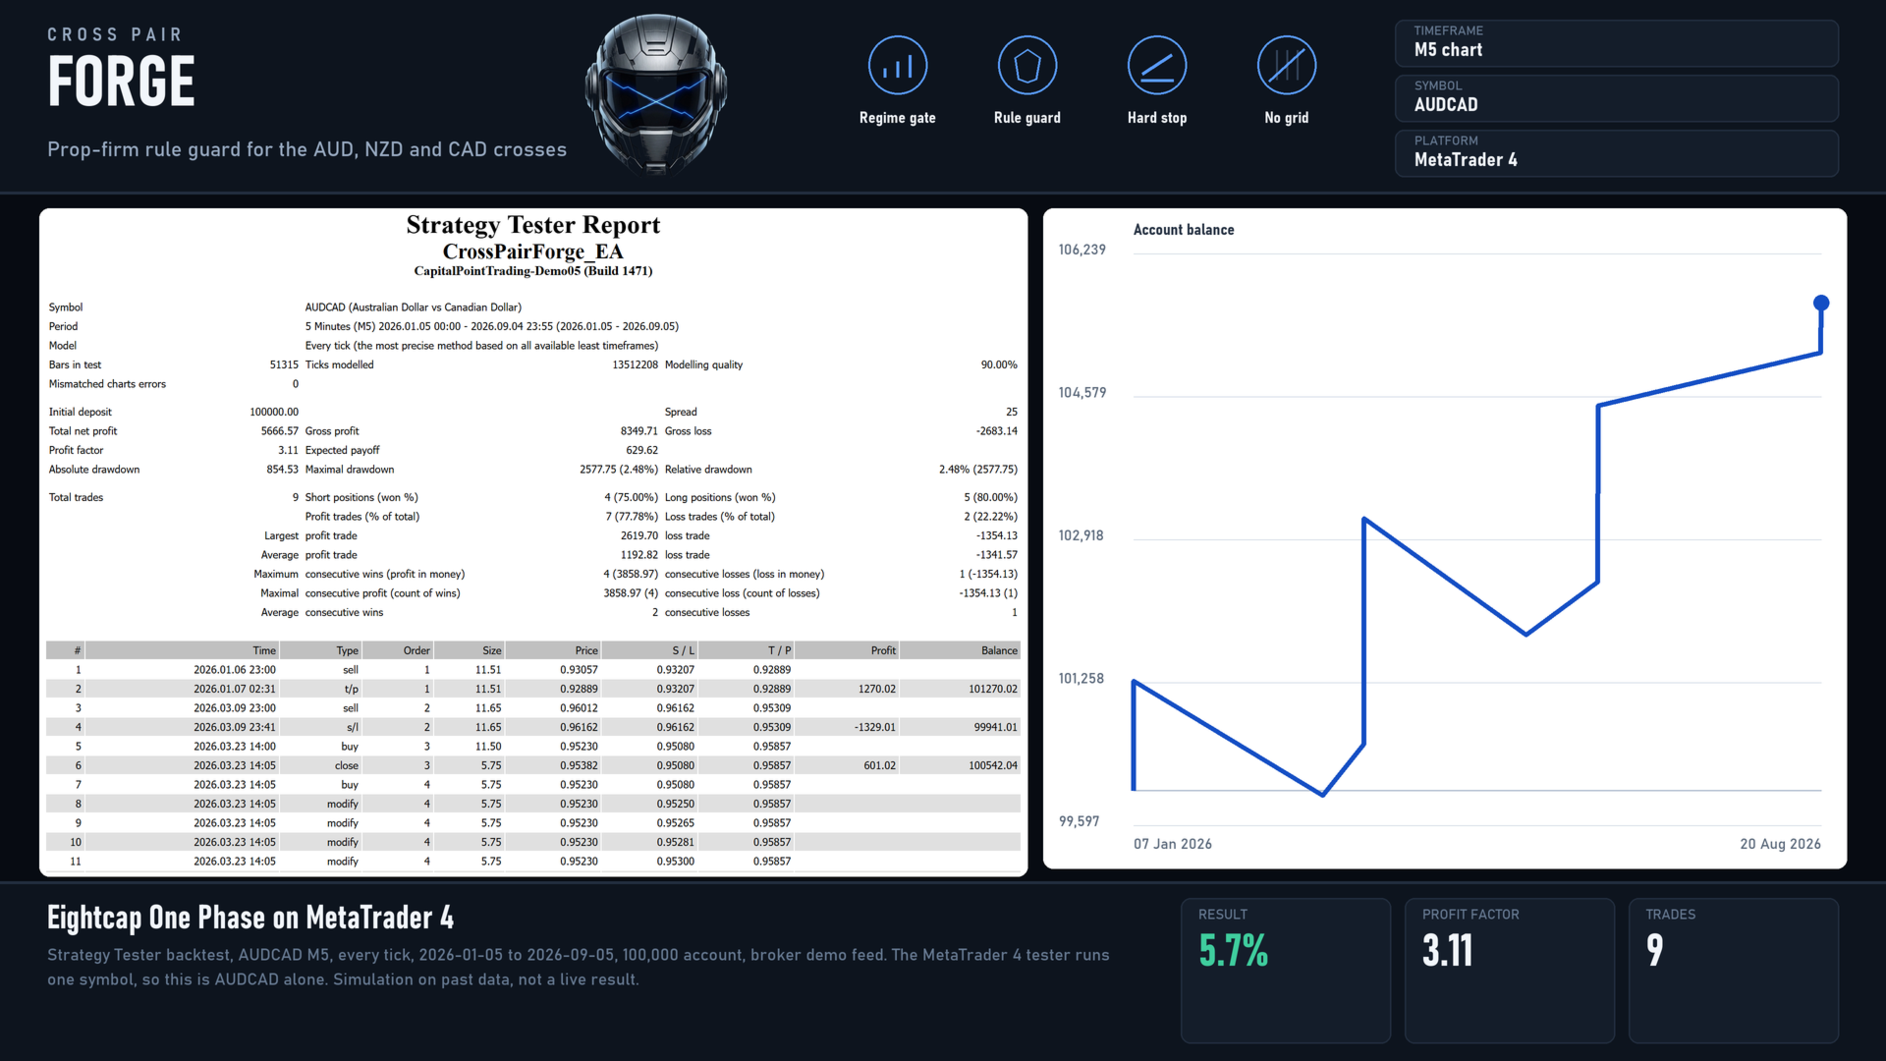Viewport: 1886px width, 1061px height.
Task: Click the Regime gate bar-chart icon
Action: [x=897, y=66]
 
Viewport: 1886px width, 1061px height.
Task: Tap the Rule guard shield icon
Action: [x=1026, y=66]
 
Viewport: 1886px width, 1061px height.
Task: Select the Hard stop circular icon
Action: [x=1156, y=66]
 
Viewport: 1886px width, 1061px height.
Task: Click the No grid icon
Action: [x=1286, y=66]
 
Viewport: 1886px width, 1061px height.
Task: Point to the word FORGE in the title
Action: [x=121, y=82]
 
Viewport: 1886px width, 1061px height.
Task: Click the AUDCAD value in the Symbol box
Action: [x=1445, y=105]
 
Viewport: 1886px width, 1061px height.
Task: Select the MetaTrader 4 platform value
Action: [x=1465, y=160]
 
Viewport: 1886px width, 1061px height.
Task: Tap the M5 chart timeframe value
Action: [x=1448, y=50]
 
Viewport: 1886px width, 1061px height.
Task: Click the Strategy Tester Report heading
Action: [x=533, y=225]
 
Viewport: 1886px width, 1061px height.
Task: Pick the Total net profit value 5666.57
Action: [x=279, y=431]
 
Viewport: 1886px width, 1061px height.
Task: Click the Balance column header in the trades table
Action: [x=999, y=650]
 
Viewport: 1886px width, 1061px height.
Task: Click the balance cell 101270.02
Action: [x=992, y=689]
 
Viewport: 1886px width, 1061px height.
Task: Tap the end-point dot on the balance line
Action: [x=1820, y=303]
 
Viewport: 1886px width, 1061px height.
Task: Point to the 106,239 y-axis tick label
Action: [x=1082, y=250]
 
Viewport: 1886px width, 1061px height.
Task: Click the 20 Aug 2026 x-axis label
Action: [x=1780, y=844]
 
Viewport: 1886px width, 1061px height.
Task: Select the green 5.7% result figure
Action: [x=1233, y=950]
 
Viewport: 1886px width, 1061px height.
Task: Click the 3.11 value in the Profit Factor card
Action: [x=1447, y=950]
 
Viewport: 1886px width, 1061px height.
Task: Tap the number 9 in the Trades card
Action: [x=1654, y=950]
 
